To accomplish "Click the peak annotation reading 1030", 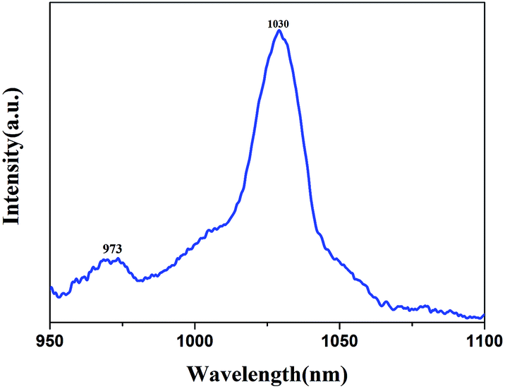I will pyautogui.click(x=279, y=24).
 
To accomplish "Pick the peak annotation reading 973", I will pyautogui.click(x=113, y=249).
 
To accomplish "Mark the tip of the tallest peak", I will pyautogui.click(x=279, y=30).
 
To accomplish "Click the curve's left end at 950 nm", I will pyautogui.click(x=51, y=287).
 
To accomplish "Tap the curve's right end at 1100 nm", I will pyautogui.click(x=484, y=316).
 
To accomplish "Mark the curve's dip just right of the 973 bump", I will pyautogui.click(x=140, y=280).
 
